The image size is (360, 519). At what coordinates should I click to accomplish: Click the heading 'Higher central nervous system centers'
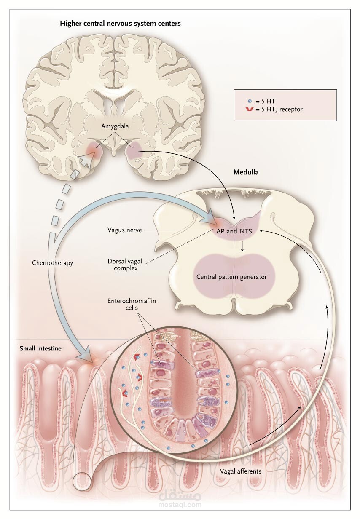(x=120, y=24)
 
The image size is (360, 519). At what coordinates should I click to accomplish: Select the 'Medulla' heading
(x=246, y=172)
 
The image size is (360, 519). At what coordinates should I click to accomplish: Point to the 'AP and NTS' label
(x=237, y=230)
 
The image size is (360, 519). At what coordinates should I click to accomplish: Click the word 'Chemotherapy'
(x=53, y=263)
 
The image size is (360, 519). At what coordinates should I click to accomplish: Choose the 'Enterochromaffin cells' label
(x=126, y=304)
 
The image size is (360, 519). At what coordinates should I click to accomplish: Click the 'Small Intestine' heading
(x=40, y=348)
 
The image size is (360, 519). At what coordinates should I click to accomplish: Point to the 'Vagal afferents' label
(x=240, y=471)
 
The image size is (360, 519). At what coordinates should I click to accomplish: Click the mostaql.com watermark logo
(x=180, y=499)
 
